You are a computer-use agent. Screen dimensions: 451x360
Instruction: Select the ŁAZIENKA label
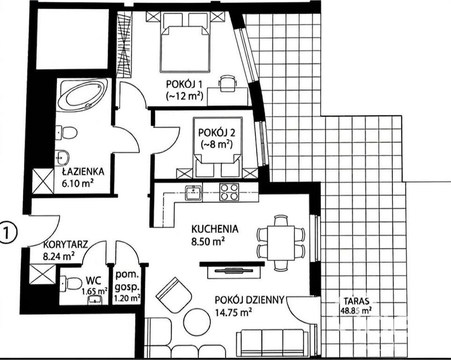[x=83, y=172]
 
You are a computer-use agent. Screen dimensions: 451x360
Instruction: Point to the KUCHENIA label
[x=215, y=229]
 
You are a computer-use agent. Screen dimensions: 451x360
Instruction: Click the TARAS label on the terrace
[x=356, y=301]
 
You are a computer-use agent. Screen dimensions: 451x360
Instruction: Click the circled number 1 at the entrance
[x=8, y=232]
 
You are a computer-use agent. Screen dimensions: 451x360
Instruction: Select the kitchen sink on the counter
[x=194, y=192]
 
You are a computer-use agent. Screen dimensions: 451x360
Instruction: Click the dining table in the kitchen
[x=281, y=243]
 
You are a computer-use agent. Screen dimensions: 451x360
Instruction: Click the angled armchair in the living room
[x=174, y=295]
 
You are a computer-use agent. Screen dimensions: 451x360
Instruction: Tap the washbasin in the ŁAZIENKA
[x=62, y=157]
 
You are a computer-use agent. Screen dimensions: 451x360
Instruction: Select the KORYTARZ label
[x=65, y=245]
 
